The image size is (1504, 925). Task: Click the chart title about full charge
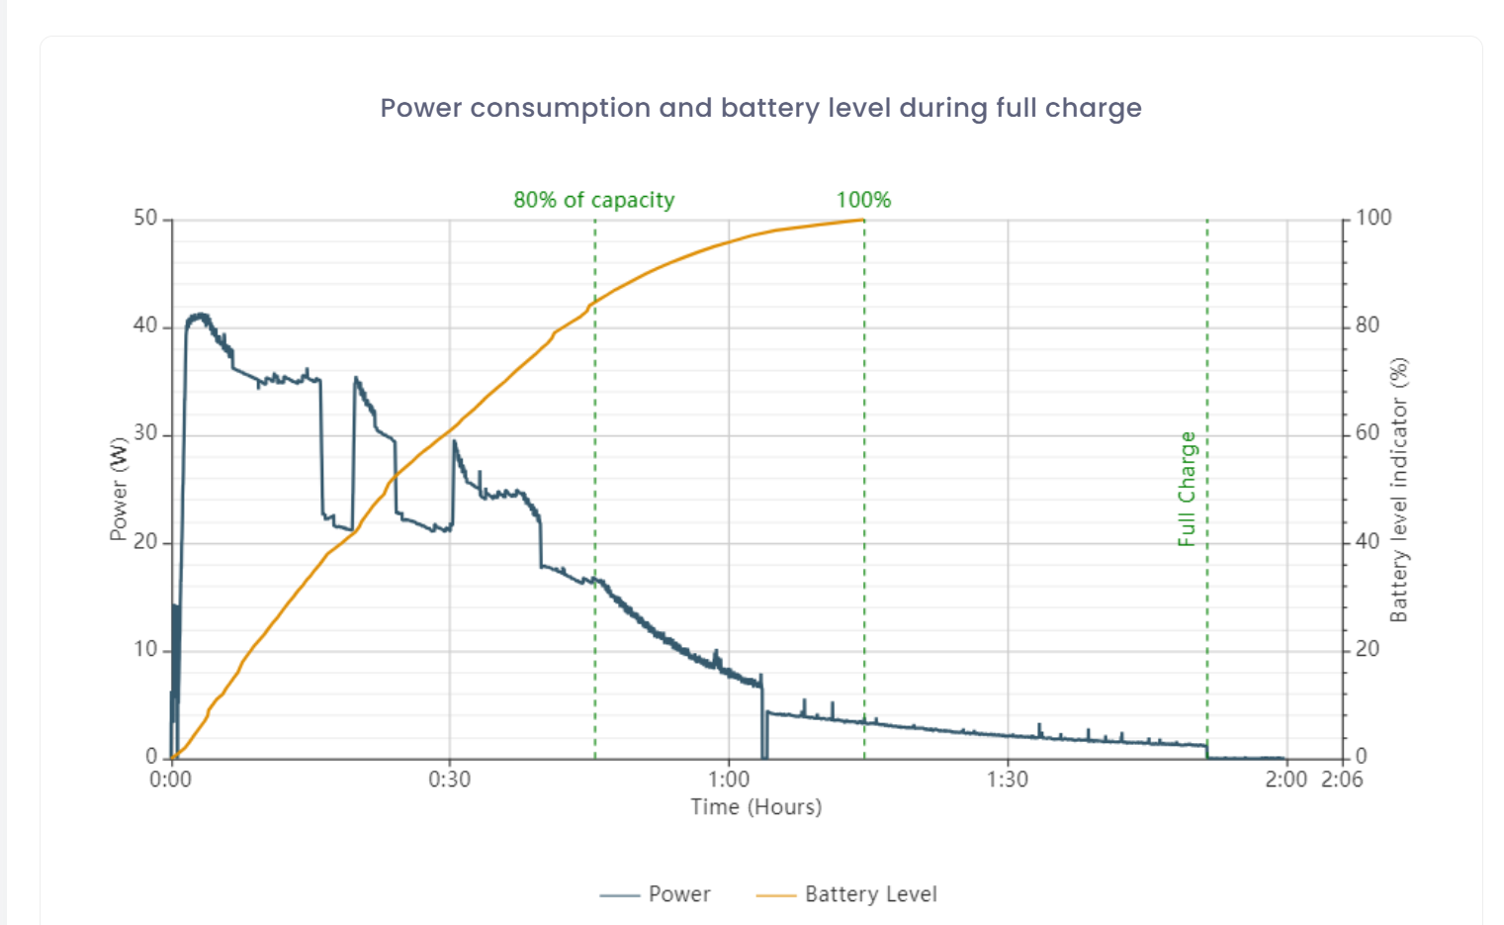click(760, 108)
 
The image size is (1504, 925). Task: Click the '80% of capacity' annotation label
click(593, 200)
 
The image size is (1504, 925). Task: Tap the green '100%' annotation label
click(863, 200)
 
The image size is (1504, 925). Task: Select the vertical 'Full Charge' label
click(1187, 489)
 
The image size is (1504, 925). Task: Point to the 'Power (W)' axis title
click(119, 489)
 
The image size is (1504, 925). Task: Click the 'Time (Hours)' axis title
click(755, 807)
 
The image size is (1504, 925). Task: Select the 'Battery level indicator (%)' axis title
click(1398, 490)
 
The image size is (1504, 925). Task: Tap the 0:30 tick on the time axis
click(449, 780)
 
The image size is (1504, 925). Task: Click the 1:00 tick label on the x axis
click(729, 780)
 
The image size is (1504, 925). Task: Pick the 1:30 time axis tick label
click(1007, 780)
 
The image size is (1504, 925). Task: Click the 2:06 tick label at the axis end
click(1342, 780)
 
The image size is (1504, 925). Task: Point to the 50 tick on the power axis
click(145, 218)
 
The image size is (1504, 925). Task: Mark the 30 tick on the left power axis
click(145, 433)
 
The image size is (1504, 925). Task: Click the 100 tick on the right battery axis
click(1372, 218)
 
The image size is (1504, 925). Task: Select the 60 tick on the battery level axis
click(1367, 433)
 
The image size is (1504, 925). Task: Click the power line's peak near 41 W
click(201, 316)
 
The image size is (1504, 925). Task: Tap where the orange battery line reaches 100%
click(862, 220)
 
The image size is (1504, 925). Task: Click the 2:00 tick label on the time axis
click(1285, 780)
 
